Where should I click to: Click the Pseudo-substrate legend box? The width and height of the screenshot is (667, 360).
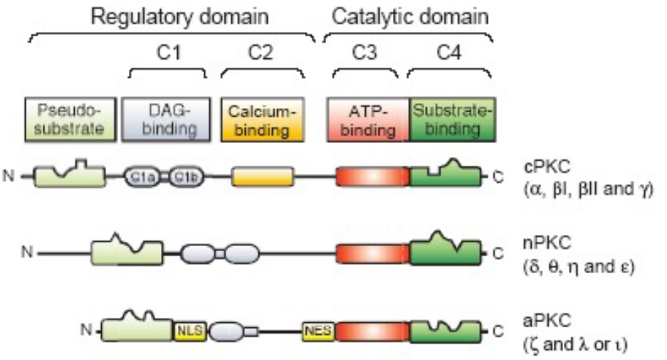(70, 119)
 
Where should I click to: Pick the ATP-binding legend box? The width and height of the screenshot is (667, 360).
(368, 119)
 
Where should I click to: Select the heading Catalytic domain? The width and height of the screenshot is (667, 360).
(408, 16)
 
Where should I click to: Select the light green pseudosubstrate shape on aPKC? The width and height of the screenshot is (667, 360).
(137, 329)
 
